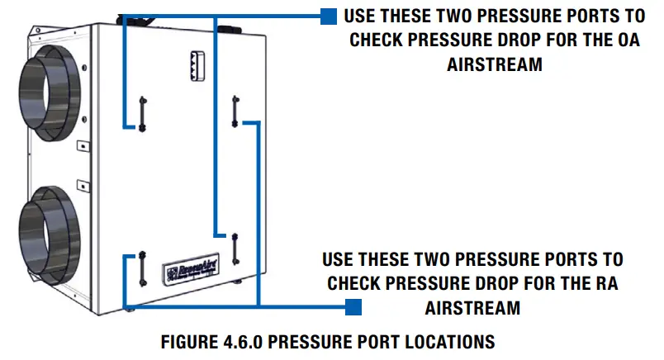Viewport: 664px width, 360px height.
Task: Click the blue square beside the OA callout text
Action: coord(328,17)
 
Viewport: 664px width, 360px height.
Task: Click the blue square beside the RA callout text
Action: coord(353,307)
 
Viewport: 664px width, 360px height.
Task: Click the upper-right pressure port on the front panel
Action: coord(235,109)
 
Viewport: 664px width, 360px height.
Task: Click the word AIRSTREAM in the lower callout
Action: coord(472,307)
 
